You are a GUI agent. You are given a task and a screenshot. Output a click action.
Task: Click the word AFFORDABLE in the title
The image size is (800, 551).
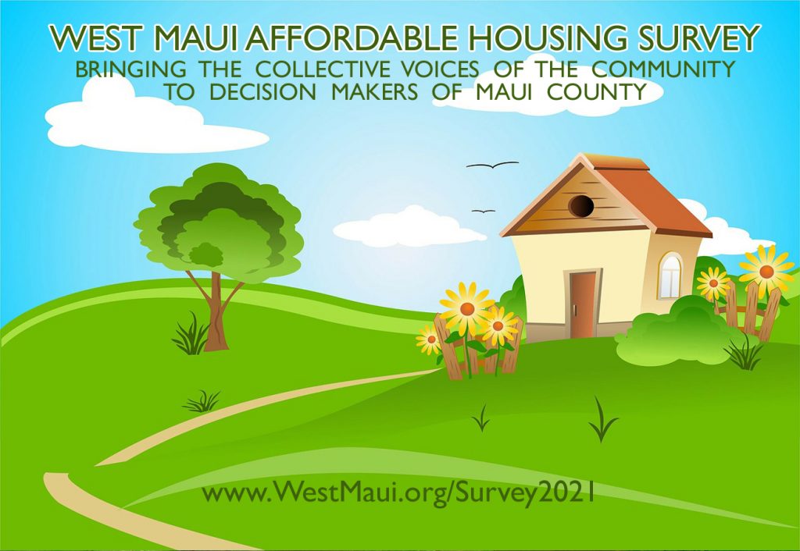point(351,38)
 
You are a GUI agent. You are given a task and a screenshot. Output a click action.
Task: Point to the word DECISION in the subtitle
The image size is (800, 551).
point(262,92)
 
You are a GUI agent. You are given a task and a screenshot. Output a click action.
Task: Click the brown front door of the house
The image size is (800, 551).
point(583,304)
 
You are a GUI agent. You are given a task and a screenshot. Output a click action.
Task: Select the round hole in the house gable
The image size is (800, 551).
point(581,206)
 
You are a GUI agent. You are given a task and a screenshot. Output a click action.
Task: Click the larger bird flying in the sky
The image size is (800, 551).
point(492,165)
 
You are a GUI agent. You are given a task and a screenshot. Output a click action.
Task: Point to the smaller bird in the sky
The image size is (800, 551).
point(483,211)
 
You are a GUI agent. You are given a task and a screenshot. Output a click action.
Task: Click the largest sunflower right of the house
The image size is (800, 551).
point(766,271)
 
